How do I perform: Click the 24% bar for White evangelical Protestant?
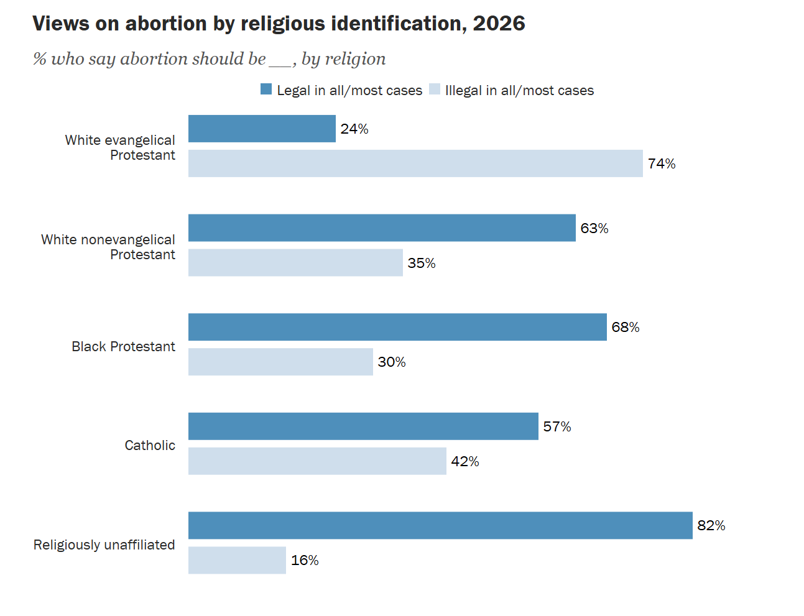pos(262,129)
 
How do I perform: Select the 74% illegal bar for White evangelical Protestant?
pos(415,163)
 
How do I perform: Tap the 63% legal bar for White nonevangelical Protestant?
pos(382,228)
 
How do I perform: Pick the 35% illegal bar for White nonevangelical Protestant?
pos(295,262)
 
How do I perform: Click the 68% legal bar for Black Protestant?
pos(397,327)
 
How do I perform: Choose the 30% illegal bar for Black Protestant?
pos(280,362)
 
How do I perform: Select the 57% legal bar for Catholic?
pos(363,426)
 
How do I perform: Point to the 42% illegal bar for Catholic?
pos(317,461)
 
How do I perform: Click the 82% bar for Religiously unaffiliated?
pos(440,525)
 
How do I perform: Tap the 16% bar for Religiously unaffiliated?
pos(237,560)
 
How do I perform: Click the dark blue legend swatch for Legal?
pos(266,89)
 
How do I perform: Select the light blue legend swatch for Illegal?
pos(435,89)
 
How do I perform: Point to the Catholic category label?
pos(150,446)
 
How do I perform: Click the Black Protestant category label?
pos(123,346)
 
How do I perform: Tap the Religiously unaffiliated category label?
pos(104,545)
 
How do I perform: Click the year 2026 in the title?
pos(499,23)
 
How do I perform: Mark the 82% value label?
pos(711,525)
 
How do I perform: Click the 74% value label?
pos(662,163)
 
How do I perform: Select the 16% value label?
pos(305,560)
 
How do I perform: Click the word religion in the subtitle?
pos(355,59)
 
